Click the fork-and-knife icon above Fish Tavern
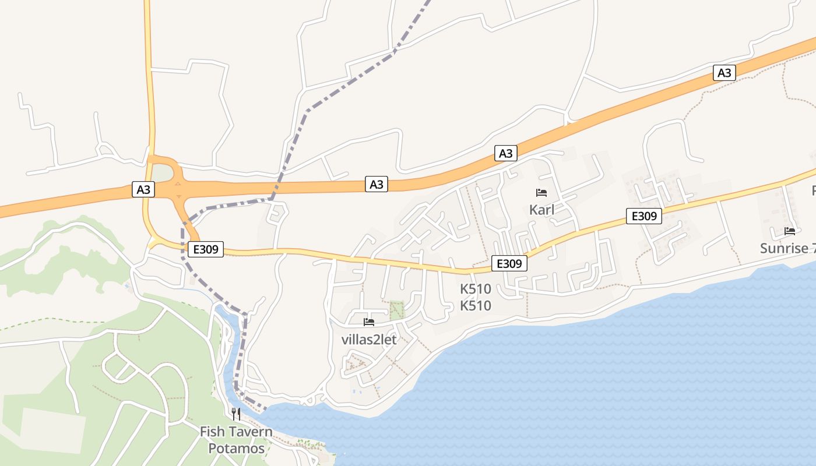236,414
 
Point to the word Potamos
236,449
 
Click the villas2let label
368,340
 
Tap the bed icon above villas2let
368,322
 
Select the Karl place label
541,210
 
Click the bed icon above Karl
541,192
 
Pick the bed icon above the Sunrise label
790,231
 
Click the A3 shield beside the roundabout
143,189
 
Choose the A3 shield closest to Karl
506,153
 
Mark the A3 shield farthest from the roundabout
724,73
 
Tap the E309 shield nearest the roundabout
206,249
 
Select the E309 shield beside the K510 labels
509,263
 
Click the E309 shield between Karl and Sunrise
644,216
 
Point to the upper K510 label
476,289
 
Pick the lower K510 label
476,306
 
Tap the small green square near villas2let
396,309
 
